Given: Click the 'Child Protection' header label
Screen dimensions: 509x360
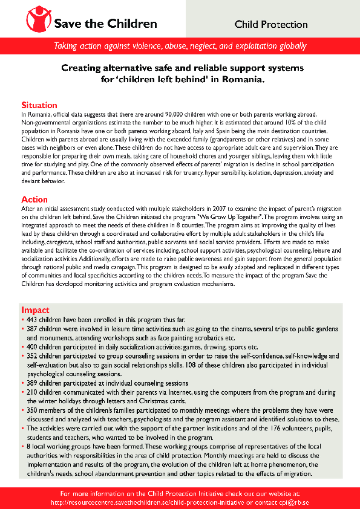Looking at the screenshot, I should [271, 25].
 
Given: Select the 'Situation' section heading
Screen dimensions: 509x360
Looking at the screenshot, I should [39, 105].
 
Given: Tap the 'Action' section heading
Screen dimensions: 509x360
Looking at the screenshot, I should [34, 199].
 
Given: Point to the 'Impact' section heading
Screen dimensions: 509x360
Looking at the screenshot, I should [35, 310].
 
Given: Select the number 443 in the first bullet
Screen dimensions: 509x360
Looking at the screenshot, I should [32, 318].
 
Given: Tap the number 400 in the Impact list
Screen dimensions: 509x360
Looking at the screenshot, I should [32, 348].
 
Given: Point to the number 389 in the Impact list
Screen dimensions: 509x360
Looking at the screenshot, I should [32, 383].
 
